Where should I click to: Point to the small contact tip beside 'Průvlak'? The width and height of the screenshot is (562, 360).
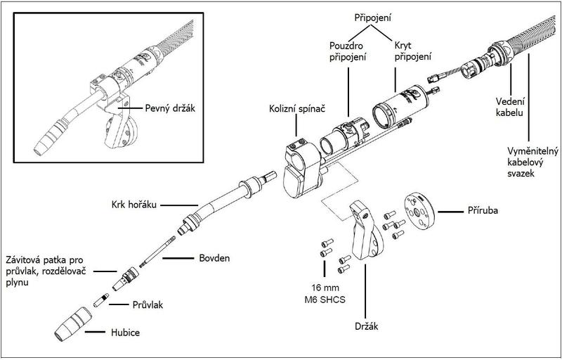coord(102,301)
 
